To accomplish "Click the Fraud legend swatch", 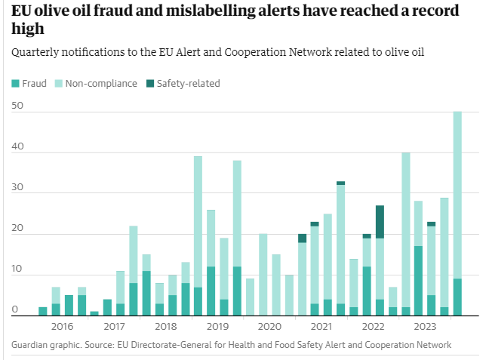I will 15,83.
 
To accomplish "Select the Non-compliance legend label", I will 101,83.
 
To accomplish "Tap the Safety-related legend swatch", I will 149,83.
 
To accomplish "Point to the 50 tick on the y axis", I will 17,107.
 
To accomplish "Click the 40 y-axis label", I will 17,148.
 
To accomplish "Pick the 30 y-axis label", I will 17,189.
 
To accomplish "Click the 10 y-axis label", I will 17,270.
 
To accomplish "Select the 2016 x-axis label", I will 62,327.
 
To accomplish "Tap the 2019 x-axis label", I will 217,327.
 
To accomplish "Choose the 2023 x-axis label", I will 425,327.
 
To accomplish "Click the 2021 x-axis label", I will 321,327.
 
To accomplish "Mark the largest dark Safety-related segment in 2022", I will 380,222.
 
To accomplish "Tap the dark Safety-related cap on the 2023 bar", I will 431,223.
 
